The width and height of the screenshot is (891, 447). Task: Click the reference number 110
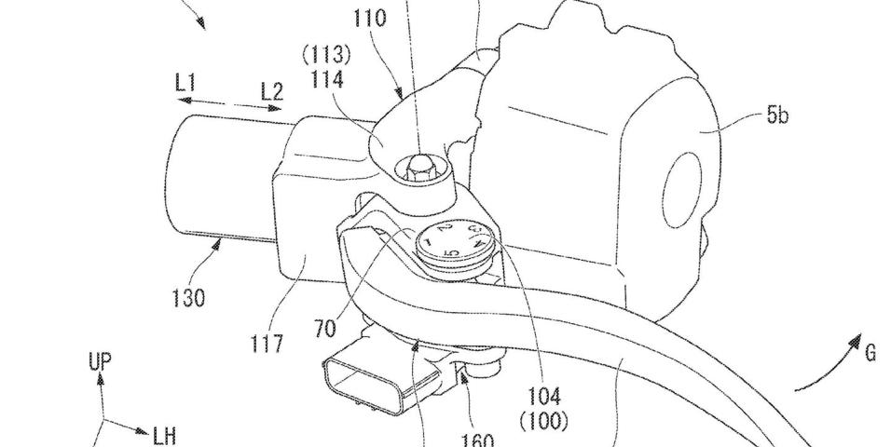pos(367,18)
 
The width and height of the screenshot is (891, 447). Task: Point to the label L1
pos(185,84)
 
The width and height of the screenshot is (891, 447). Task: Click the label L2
pos(271,91)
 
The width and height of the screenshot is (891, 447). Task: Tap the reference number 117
pos(266,345)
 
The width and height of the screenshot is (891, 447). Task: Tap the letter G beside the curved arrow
pos(869,353)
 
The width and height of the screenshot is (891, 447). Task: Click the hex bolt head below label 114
pos(418,167)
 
